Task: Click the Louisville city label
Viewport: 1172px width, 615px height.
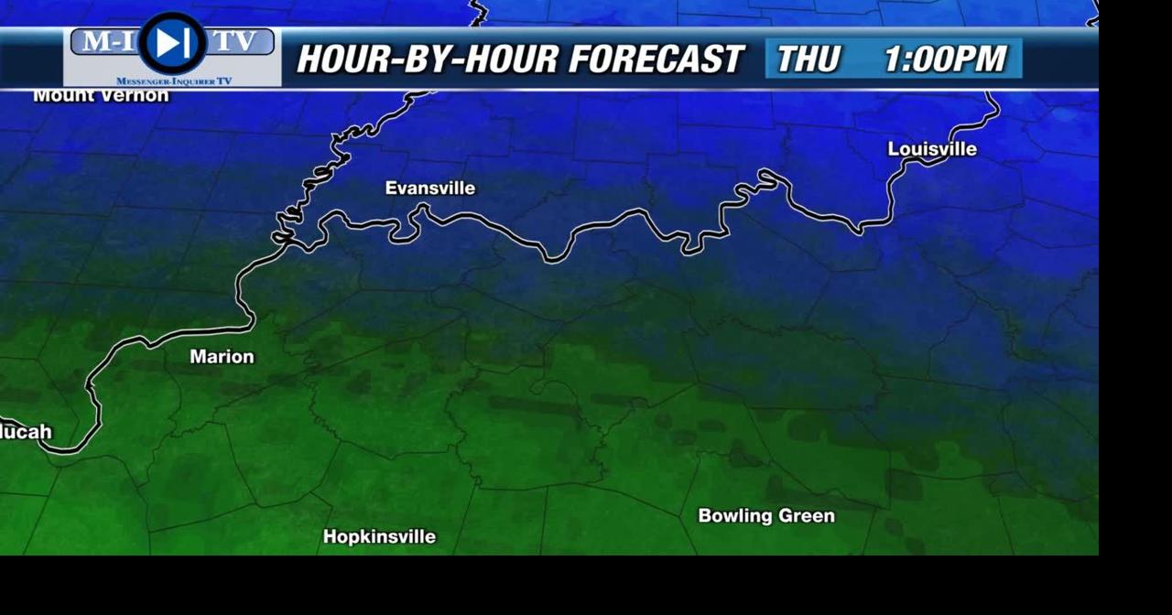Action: click(x=932, y=149)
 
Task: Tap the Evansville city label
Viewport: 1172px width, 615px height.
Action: click(x=429, y=188)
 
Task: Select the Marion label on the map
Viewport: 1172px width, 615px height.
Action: click(x=222, y=357)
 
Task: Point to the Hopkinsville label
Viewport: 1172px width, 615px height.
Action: click(x=379, y=537)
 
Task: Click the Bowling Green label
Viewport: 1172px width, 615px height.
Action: click(x=766, y=516)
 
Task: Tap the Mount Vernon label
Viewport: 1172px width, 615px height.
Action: click(x=101, y=95)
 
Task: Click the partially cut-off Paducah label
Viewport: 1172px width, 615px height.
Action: click(x=26, y=432)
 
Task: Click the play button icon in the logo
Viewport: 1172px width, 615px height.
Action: click(x=172, y=43)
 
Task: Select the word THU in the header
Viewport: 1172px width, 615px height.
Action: click(x=808, y=59)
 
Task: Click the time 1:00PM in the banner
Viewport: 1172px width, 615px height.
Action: click(x=945, y=59)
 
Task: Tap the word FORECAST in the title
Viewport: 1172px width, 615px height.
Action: click(x=655, y=59)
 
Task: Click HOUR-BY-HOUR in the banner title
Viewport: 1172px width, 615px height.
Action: click(x=428, y=59)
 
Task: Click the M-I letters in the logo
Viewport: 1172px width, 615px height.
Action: click(x=107, y=41)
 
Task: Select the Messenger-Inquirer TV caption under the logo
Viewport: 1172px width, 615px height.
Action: click(x=173, y=81)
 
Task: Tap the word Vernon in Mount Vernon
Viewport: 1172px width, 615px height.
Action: click(x=136, y=95)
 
